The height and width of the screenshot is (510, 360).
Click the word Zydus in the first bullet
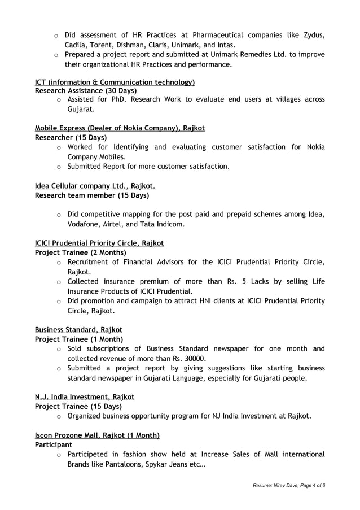tap(314, 36)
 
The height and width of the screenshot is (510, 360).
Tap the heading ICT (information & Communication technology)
tap(115, 82)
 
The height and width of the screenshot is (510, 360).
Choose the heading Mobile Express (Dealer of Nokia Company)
tap(120, 128)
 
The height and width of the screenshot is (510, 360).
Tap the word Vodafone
tap(85, 224)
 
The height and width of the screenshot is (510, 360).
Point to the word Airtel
tap(118, 224)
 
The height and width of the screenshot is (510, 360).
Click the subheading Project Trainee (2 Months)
tap(81, 252)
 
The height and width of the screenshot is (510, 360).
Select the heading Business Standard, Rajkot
tap(78, 329)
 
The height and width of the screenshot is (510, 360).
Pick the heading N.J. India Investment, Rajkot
tap(85, 397)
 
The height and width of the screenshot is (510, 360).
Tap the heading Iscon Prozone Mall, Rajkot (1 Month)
tap(97, 435)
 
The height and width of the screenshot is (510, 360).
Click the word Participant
tap(54, 445)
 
